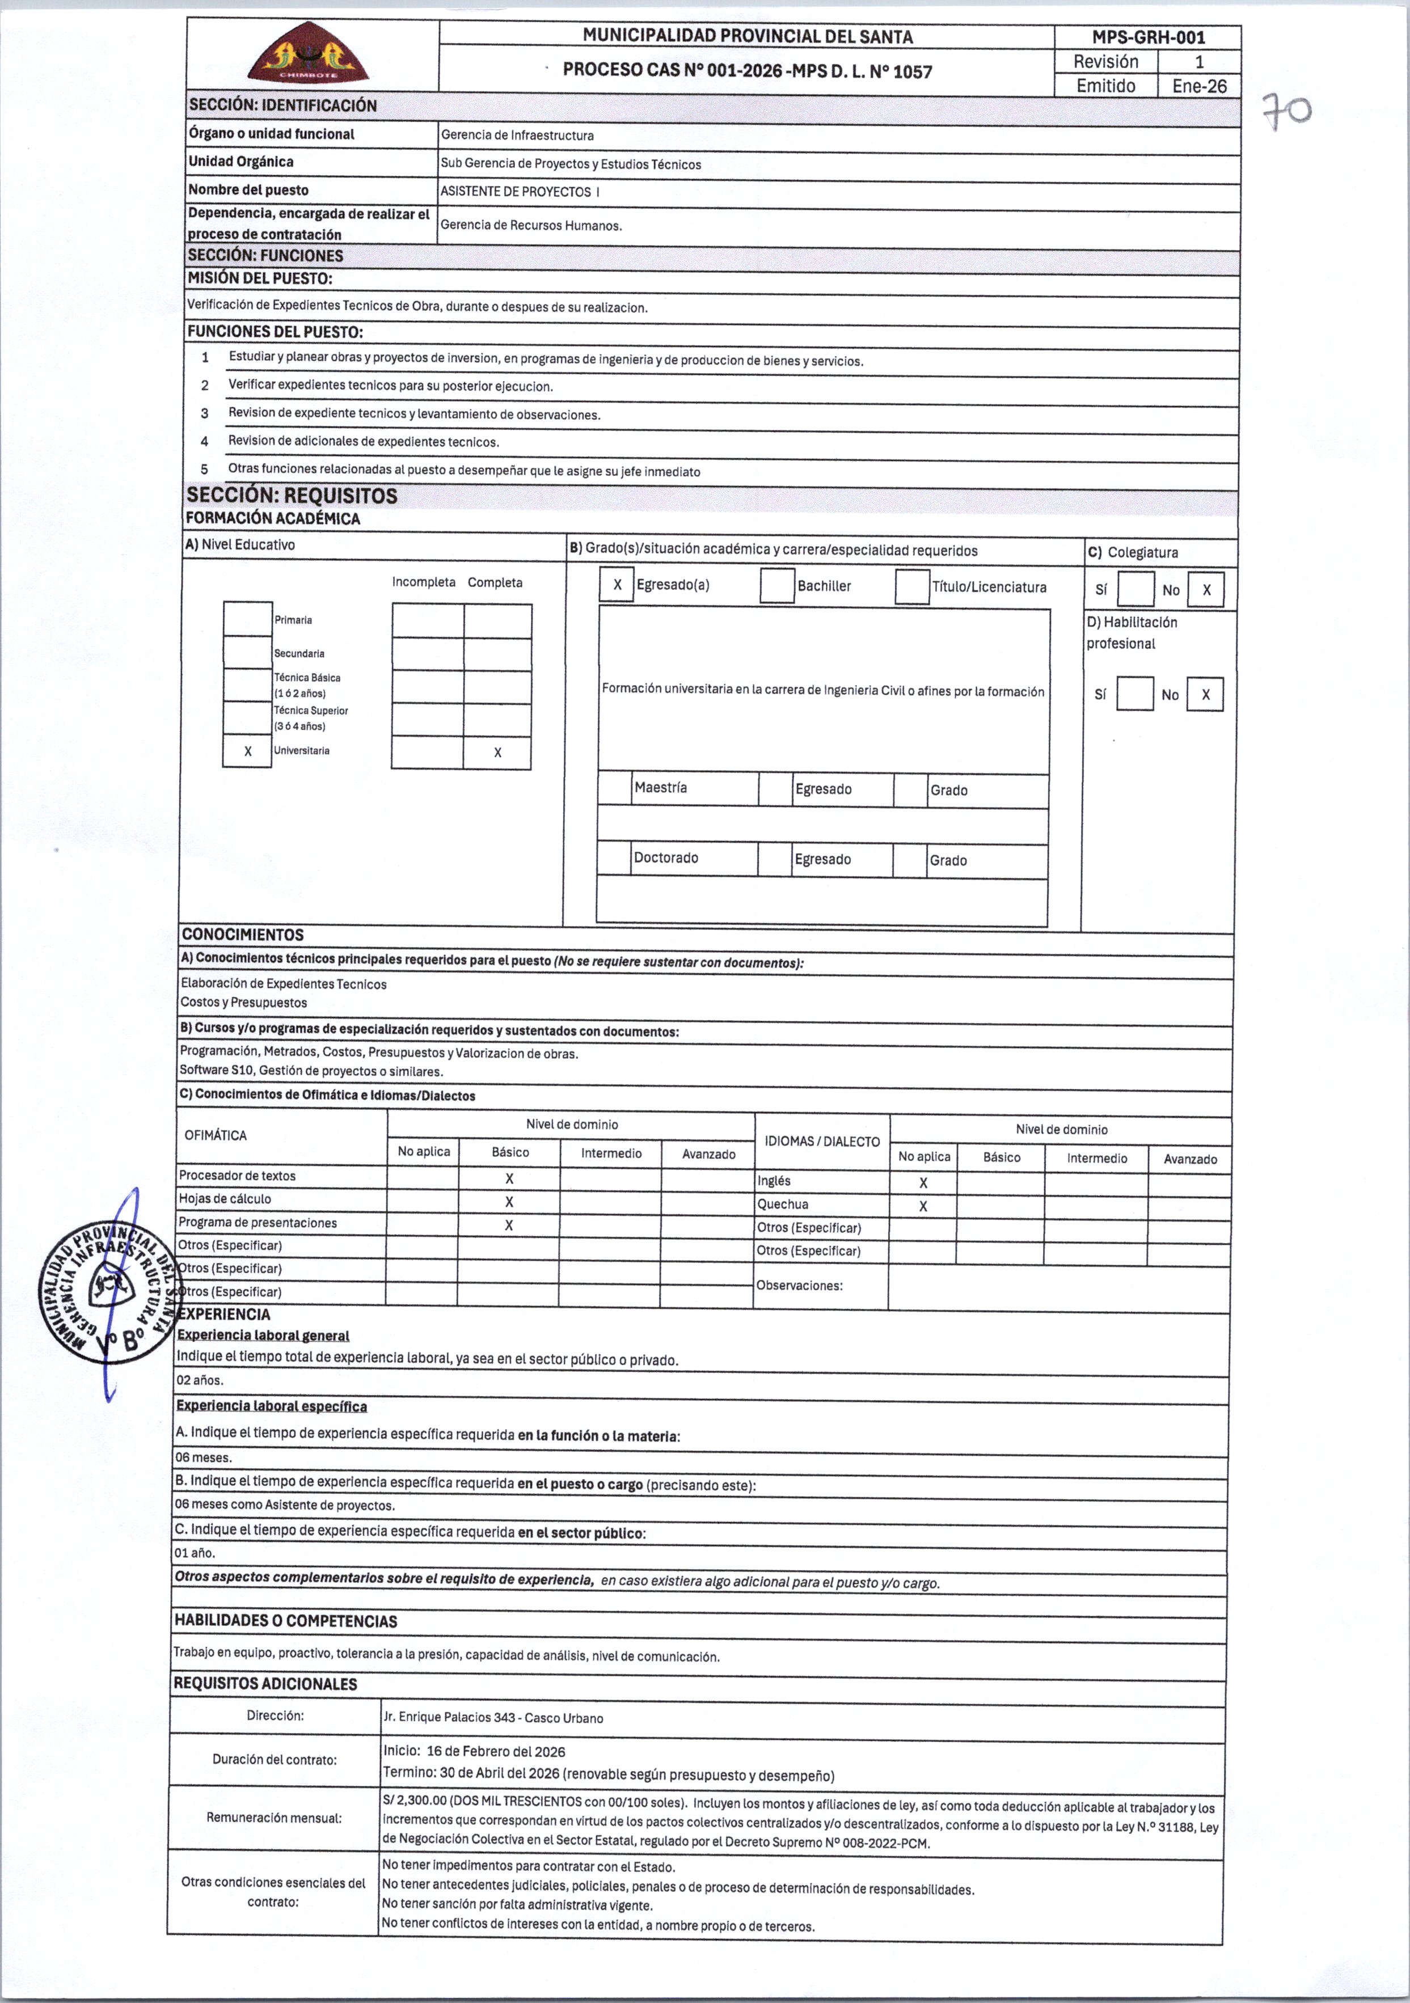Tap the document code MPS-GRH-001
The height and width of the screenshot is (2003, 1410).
(x=1148, y=37)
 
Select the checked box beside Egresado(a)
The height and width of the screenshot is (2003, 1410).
(x=617, y=585)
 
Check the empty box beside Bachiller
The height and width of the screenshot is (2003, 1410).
(x=776, y=585)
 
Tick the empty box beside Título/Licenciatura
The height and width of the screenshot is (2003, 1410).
(x=912, y=586)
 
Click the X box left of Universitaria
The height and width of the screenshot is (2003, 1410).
(x=248, y=751)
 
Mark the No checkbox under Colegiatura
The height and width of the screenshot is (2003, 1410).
(x=1206, y=590)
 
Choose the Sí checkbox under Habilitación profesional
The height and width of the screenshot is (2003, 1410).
(x=1134, y=695)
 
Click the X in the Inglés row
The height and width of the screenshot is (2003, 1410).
(x=923, y=1183)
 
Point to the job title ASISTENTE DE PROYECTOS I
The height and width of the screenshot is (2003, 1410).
(x=520, y=191)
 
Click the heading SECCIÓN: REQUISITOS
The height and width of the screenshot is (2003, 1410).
(x=292, y=496)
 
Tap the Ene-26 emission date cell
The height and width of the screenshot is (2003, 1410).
(x=1199, y=86)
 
